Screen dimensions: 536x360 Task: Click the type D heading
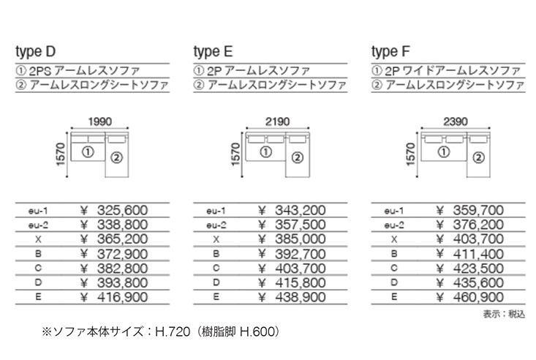(x=36, y=52)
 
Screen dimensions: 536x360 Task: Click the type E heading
(x=214, y=52)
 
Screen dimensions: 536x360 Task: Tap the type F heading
(x=390, y=52)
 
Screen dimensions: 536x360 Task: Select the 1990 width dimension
(x=100, y=121)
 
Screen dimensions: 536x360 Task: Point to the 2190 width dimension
(x=278, y=121)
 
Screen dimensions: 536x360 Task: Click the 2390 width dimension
(x=456, y=121)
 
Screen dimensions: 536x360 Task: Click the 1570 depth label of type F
(x=411, y=154)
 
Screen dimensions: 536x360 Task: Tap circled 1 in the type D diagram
(x=88, y=151)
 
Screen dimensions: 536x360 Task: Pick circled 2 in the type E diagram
(x=298, y=157)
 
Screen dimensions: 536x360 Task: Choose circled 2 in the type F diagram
(x=478, y=157)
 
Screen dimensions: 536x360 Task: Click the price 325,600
(x=122, y=210)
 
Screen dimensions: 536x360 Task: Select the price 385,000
(x=301, y=239)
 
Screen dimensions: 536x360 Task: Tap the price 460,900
(x=478, y=297)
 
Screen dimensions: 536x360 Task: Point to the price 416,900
(x=122, y=297)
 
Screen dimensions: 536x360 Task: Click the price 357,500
(x=301, y=225)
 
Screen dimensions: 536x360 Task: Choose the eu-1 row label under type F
(x=394, y=211)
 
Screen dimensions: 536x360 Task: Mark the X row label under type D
(x=38, y=239)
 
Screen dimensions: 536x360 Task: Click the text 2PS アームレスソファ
(x=84, y=71)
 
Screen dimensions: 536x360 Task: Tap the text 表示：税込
(x=504, y=314)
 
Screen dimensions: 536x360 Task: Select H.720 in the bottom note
(x=173, y=331)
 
